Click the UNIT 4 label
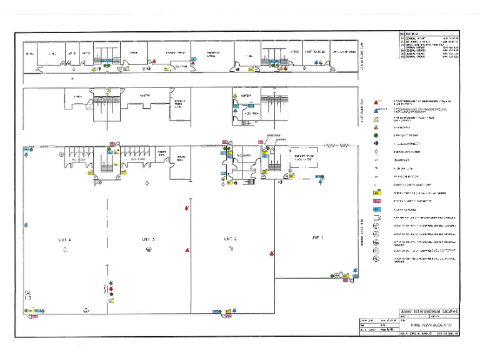(x=65, y=239)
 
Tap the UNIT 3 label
(x=148, y=239)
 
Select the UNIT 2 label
(x=230, y=239)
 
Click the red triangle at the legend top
(x=376, y=101)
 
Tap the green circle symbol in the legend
(x=376, y=134)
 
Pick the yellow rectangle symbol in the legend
(x=376, y=193)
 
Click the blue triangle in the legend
(x=376, y=109)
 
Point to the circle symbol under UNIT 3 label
(x=148, y=249)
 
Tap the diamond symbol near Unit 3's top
(x=146, y=183)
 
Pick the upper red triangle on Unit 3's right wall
(x=187, y=208)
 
